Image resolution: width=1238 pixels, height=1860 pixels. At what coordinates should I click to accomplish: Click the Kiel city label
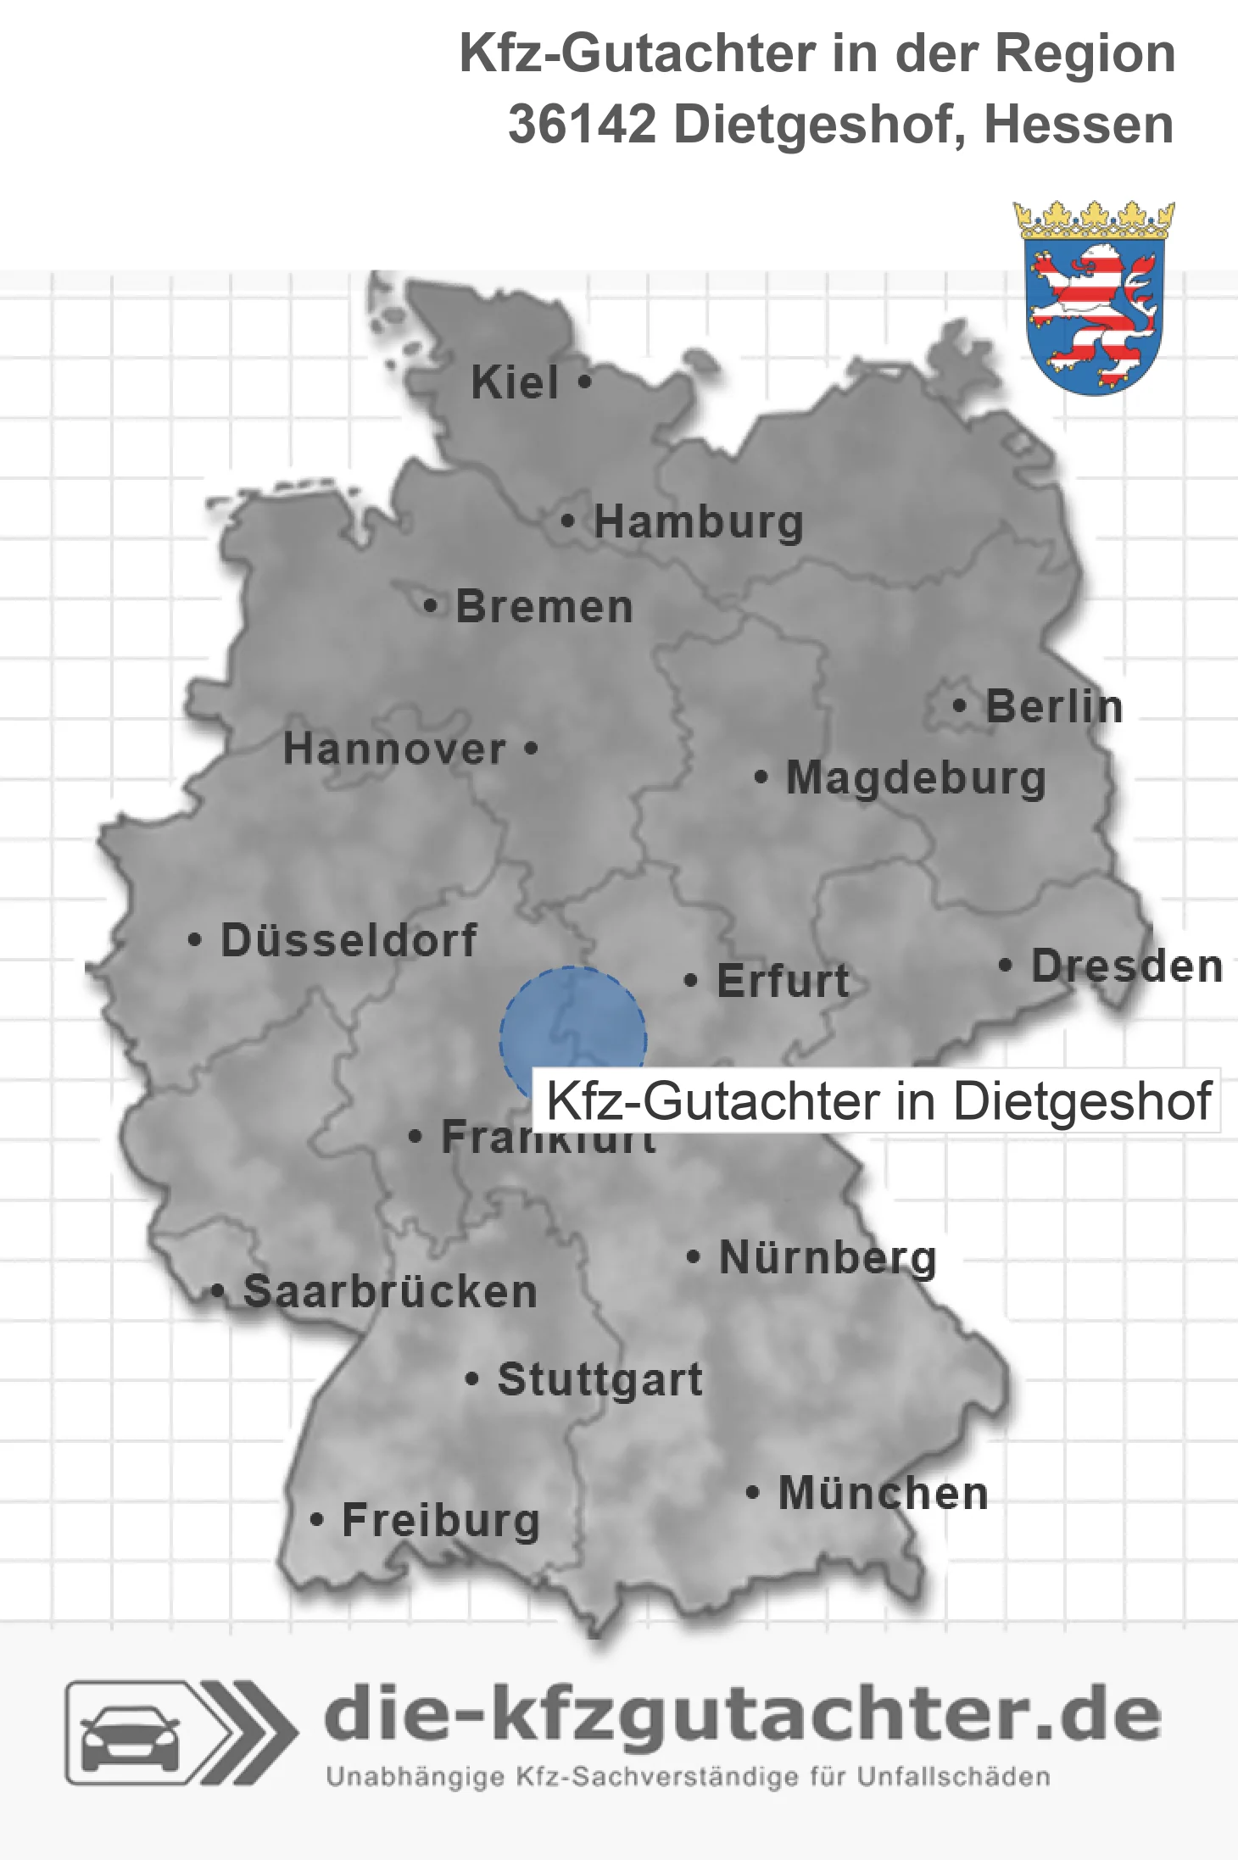tap(515, 382)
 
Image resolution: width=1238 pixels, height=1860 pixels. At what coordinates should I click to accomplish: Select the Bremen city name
tap(544, 607)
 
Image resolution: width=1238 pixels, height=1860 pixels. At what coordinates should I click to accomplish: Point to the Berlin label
tap(1054, 707)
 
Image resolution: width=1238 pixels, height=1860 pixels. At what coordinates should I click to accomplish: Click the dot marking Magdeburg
tap(761, 777)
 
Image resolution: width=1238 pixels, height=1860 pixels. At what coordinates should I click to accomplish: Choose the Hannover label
tap(394, 749)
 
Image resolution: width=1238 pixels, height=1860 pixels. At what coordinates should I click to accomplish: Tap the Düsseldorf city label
tap(349, 940)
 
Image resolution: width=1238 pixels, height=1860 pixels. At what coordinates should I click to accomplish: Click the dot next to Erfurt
tap(691, 981)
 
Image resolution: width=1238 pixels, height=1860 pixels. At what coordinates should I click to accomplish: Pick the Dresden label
tap(1127, 966)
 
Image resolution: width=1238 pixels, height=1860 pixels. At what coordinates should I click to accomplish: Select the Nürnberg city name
tap(828, 1257)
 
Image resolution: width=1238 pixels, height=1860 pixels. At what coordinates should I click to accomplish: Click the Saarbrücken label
tap(390, 1292)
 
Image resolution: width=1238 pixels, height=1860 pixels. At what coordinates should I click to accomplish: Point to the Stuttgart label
tap(599, 1379)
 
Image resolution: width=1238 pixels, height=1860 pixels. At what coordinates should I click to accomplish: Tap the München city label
tap(883, 1493)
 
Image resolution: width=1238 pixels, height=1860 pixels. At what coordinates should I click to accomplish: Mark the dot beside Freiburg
tap(317, 1520)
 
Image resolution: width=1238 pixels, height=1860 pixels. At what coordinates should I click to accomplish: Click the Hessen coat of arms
tap(1094, 298)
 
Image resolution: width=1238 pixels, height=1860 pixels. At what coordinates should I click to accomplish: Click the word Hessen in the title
tap(1079, 125)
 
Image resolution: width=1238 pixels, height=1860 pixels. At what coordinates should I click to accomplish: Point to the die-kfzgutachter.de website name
tap(742, 1717)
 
